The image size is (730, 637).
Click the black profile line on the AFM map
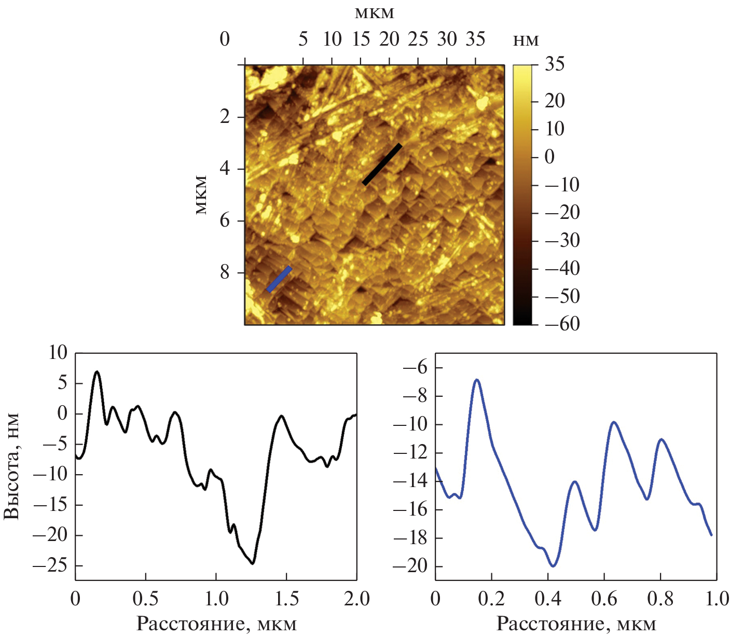pyautogui.click(x=382, y=164)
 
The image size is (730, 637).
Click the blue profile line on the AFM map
pyautogui.click(x=279, y=279)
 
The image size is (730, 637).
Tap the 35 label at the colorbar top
pyautogui.click(x=555, y=64)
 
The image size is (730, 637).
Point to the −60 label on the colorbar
pyautogui.click(x=562, y=324)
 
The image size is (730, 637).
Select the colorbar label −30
pyautogui.click(x=562, y=240)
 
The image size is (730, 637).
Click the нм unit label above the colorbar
pyautogui.click(x=526, y=40)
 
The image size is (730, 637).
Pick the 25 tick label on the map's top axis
pyautogui.click(x=418, y=39)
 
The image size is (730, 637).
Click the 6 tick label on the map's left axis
pyautogui.click(x=225, y=220)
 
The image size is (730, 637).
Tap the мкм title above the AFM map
pyautogui.click(x=375, y=13)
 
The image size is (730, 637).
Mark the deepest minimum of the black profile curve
pyautogui.click(x=253, y=563)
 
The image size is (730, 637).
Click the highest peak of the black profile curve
pyautogui.click(x=97, y=371)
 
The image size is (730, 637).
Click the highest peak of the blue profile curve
pyautogui.click(x=477, y=380)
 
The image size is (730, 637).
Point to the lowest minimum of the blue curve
pyautogui.click(x=553, y=566)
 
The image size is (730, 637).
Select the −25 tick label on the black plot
pyautogui.click(x=50, y=566)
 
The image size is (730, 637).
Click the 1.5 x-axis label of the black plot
pyautogui.click(x=286, y=599)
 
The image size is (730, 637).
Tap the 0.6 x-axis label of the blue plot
pyautogui.click(x=604, y=599)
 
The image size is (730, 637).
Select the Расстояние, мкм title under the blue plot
pyautogui.click(x=576, y=624)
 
